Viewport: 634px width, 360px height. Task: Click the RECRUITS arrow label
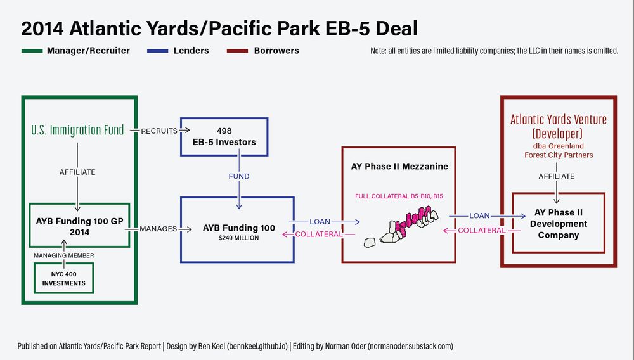158,131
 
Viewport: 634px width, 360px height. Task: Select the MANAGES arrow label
158,229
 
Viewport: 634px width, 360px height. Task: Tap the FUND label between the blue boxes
239,176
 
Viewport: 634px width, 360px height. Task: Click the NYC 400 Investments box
63,279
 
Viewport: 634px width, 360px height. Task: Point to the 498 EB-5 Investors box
224,136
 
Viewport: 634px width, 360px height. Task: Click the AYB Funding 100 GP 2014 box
80,226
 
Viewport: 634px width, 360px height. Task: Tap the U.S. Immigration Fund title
77,131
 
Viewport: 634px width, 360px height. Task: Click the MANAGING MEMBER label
63,255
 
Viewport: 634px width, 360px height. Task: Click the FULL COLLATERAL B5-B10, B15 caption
399,196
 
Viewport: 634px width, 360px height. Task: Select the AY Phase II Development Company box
558,224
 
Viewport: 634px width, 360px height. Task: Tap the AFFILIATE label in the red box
556,176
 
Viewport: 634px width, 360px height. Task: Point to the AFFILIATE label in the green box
77,172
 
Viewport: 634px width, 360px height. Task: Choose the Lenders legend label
191,51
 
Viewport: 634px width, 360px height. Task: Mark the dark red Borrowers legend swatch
236,51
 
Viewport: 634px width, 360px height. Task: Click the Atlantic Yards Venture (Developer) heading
559,126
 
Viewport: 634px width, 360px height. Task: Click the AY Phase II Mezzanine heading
399,167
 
